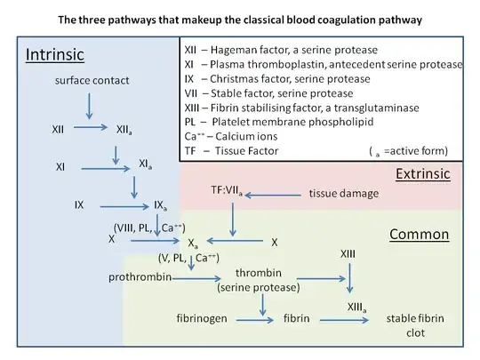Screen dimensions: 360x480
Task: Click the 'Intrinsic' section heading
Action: [55, 55]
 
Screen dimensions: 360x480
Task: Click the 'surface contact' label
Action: [87, 80]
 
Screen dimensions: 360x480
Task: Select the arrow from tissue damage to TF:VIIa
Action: [276, 193]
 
